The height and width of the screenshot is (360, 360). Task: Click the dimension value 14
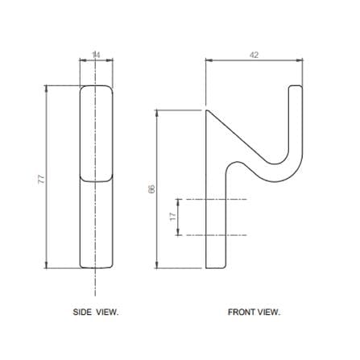[96, 55]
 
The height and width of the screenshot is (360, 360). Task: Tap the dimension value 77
[41, 179]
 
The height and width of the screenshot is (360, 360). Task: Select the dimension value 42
[254, 55]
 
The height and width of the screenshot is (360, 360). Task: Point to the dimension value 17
[173, 217]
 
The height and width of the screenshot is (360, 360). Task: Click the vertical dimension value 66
[151, 189]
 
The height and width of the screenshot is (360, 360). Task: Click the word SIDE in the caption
[82, 312]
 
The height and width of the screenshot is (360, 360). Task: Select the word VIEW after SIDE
[107, 312]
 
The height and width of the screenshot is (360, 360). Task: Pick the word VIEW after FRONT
[269, 312]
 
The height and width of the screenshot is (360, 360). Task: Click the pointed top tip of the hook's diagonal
[206, 110]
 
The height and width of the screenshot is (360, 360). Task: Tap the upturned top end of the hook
[296, 86]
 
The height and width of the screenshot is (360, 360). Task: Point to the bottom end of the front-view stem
[216, 267]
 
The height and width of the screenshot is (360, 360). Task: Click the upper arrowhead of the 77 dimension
[47, 89]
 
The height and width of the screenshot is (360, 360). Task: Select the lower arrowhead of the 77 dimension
[47, 265]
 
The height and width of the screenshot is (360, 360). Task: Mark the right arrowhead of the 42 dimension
[300, 60]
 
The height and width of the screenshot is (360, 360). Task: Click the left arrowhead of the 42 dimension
[209, 60]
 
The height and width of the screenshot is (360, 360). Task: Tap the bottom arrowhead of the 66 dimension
[157, 265]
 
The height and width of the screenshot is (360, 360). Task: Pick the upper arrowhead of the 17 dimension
[178, 202]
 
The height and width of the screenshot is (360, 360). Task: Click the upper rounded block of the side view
[96, 134]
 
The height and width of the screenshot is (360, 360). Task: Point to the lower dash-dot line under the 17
[216, 235]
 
